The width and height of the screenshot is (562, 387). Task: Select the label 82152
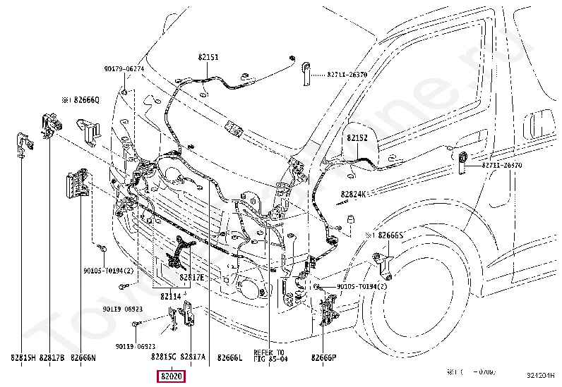pos(357,139)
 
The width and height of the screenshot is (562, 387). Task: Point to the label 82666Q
pos(83,101)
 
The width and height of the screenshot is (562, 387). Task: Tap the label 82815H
pos(22,358)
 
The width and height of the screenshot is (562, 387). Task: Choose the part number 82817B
pos(52,358)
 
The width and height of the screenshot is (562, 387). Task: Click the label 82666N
pos(83,358)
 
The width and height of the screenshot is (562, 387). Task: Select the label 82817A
pos(193,357)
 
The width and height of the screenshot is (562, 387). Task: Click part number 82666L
pos(229,358)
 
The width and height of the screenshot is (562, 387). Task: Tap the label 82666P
pos(324,358)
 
